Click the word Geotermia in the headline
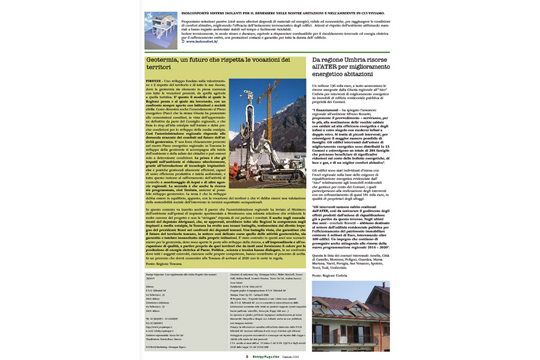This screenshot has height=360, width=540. click(x=163, y=60)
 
